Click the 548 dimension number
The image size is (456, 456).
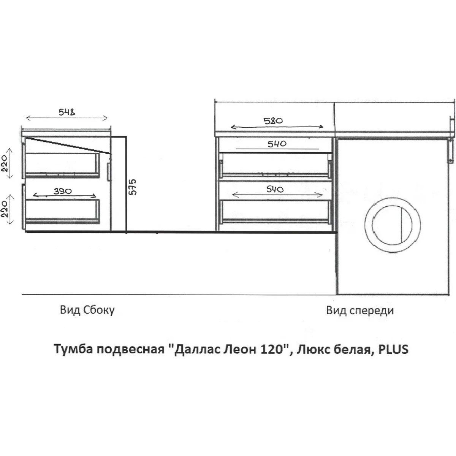click(x=67, y=112)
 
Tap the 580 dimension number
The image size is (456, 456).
click(x=273, y=121)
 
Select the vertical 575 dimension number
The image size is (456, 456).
click(x=133, y=187)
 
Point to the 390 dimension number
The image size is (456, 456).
click(x=62, y=191)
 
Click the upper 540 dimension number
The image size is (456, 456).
click(x=277, y=144)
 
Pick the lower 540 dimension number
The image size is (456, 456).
click(x=275, y=189)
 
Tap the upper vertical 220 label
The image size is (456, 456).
click(x=5, y=163)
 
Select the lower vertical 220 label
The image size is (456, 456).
click(x=5, y=209)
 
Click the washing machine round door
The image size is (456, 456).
click(x=393, y=199)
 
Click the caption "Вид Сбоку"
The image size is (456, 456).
click(x=87, y=310)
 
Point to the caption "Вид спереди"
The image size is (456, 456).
click(x=360, y=310)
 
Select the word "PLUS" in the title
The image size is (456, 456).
click(x=393, y=349)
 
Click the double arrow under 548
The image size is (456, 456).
click(x=67, y=118)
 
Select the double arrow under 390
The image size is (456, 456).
click(x=64, y=195)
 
